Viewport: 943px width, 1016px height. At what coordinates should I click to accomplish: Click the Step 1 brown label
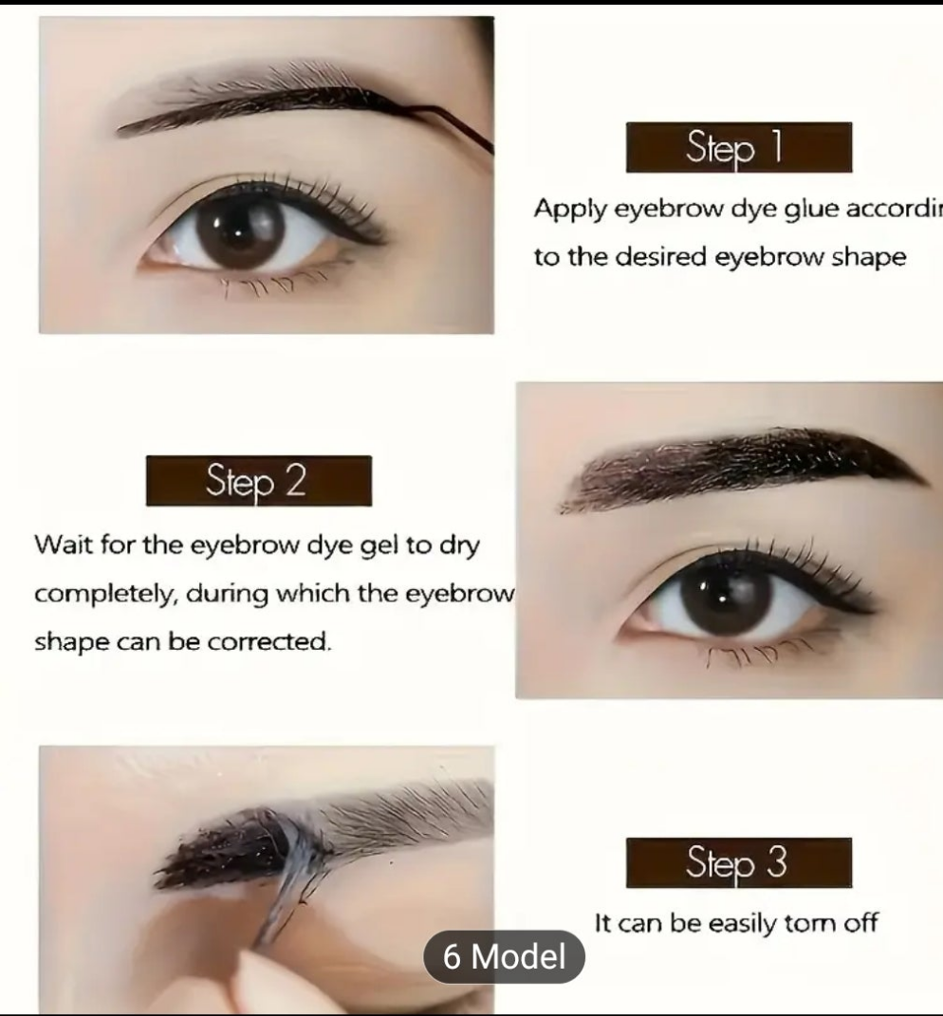click(x=738, y=148)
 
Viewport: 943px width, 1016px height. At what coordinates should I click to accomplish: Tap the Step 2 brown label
click(x=258, y=481)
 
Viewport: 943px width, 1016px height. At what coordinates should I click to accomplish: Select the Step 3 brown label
click(x=738, y=862)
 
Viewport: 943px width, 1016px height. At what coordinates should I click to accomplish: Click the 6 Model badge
click(x=504, y=956)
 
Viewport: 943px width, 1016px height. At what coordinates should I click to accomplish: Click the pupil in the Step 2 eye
click(x=722, y=594)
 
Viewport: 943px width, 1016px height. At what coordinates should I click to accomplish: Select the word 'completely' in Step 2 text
click(x=104, y=595)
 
